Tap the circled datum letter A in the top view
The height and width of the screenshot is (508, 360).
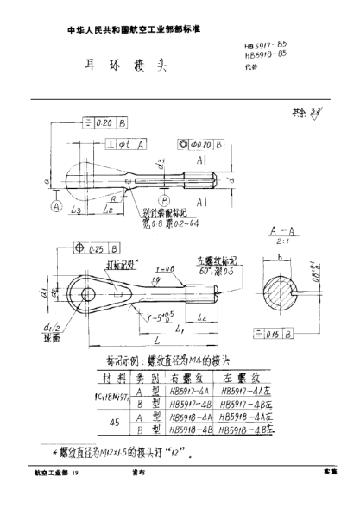57,207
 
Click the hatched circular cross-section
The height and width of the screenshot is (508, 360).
285,298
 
